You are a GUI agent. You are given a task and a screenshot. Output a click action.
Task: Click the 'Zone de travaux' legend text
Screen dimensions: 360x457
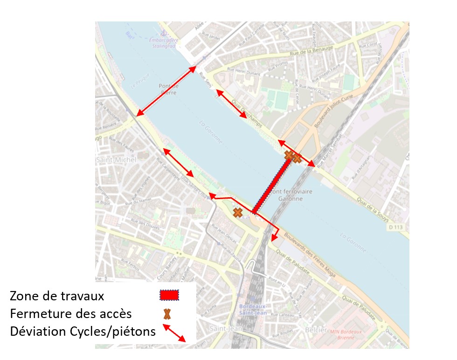[x=57, y=296]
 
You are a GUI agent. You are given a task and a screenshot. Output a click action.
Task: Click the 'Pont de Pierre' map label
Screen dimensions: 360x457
[x=169, y=89]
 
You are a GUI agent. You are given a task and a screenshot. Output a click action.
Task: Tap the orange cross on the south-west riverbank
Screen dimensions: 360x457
[x=238, y=213]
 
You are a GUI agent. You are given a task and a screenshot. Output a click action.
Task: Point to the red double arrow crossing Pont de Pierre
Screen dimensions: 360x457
[x=166, y=91]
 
